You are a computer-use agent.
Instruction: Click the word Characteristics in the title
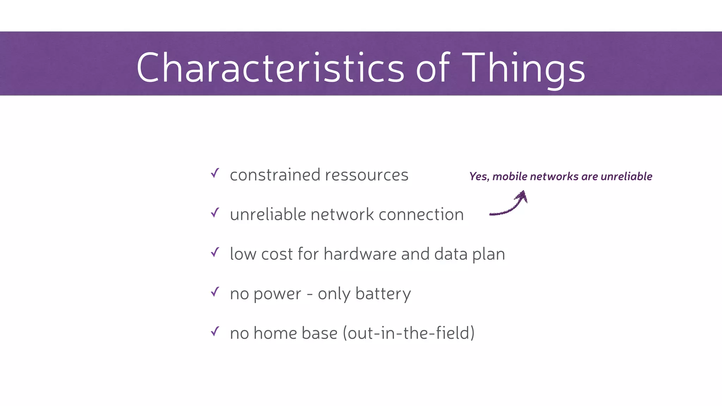pyautogui.click(x=270, y=68)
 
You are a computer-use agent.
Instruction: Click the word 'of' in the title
pyautogui.click(x=433, y=68)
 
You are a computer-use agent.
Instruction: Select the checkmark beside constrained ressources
pyautogui.click(x=215, y=173)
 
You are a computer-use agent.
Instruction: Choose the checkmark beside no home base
pyautogui.click(x=215, y=331)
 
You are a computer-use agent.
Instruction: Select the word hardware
pyautogui.click(x=360, y=254)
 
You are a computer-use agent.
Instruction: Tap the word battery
pyautogui.click(x=383, y=294)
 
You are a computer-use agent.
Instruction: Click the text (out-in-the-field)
pyautogui.click(x=409, y=333)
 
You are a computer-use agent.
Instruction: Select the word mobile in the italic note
pyautogui.click(x=510, y=177)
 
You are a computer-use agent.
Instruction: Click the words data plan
pyautogui.click(x=470, y=254)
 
